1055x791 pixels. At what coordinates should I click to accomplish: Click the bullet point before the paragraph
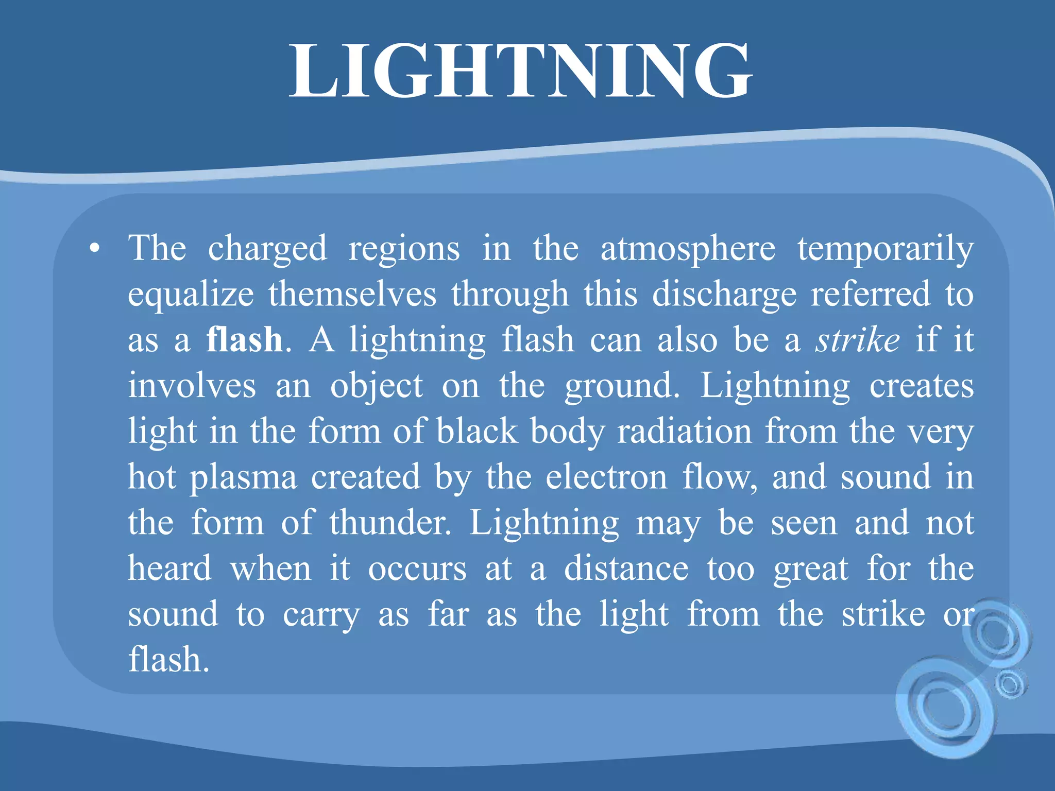(x=94, y=249)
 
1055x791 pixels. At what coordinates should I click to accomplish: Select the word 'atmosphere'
(x=688, y=249)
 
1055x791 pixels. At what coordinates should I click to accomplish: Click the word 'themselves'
(x=352, y=295)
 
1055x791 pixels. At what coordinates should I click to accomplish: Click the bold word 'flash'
(x=244, y=340)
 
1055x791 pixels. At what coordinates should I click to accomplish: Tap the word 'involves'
(x=192, y=386)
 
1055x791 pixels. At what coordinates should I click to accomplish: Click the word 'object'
(x=377, y=387)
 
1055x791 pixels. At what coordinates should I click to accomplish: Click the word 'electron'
(x=606, y=477)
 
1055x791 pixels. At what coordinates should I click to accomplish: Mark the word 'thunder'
(x=389, y=523)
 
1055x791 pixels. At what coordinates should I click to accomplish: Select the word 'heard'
(x=169, y=569)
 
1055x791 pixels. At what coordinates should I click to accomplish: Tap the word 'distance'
(x=626, y=569)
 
